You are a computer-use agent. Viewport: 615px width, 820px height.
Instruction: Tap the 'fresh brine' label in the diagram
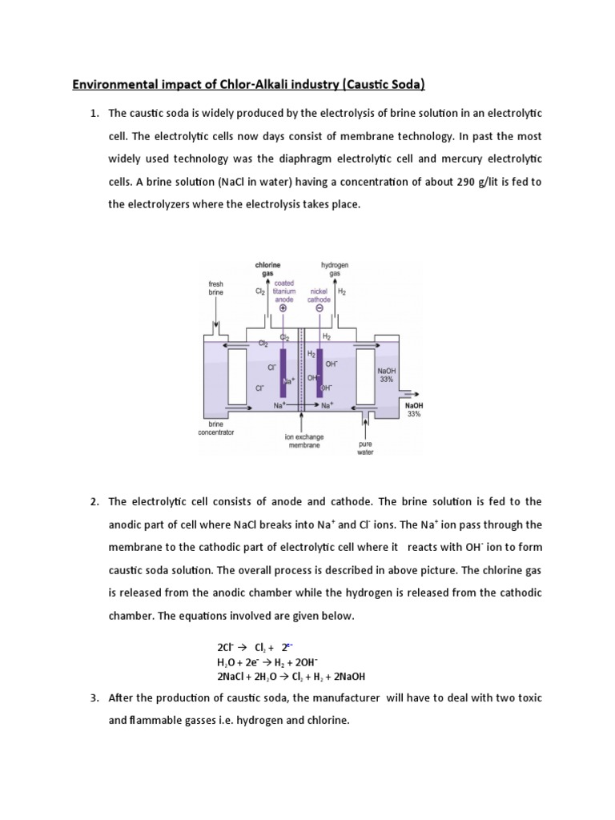tap(216, 288)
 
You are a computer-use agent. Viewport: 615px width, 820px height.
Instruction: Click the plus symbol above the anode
tap(283, 308)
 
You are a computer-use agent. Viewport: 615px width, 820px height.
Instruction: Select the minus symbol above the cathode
tap(320, 308)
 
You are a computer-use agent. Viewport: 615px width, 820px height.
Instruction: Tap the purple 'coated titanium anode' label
tap(284, 291)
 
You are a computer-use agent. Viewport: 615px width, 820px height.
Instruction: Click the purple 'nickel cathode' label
tap(320, 296)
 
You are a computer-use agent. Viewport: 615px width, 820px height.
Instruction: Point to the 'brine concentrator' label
tap(221, 428)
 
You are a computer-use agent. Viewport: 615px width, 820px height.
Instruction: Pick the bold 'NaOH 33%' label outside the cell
tap(414, 410)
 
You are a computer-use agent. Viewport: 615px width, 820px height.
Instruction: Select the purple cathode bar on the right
tap(319, 372)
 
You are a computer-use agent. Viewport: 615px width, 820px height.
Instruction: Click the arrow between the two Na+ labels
tap(301, 406)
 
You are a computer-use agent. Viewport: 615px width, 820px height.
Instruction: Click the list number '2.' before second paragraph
tap(94, 502)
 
